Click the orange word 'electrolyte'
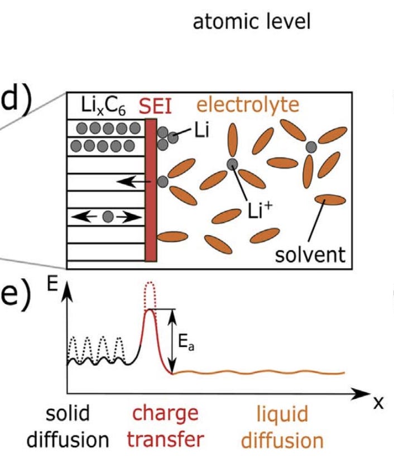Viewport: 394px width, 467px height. (x=247, y=104)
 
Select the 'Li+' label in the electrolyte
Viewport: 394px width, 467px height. (x=260, y=212)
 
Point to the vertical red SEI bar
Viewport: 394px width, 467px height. (x=150, y=190)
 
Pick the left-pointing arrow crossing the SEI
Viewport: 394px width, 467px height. (x=134, y=182)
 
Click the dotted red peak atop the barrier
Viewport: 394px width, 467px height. (x=148, y=292)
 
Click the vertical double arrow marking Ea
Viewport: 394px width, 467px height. (x=172, y=341)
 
